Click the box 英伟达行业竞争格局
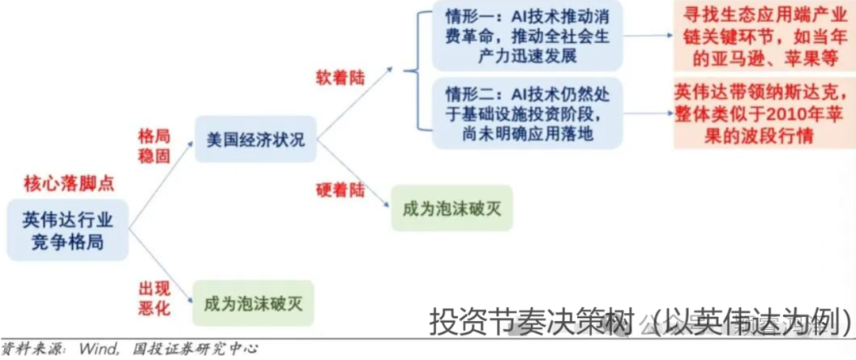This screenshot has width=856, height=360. (x=67, y=231)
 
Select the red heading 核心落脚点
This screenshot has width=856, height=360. (x=68, y=184)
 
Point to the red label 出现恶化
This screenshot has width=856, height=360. (x=155, y=298)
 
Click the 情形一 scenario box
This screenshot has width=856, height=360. (x=527, y=36)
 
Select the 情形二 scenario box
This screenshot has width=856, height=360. (x=527, y=113)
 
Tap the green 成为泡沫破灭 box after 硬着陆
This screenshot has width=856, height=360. (x=452, y=209)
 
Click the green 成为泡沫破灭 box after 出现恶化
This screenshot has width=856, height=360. (x=252, y=302)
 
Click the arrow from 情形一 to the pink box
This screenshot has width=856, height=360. (x=648, y=36)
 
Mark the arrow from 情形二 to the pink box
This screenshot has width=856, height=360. (x=648, y=113)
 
